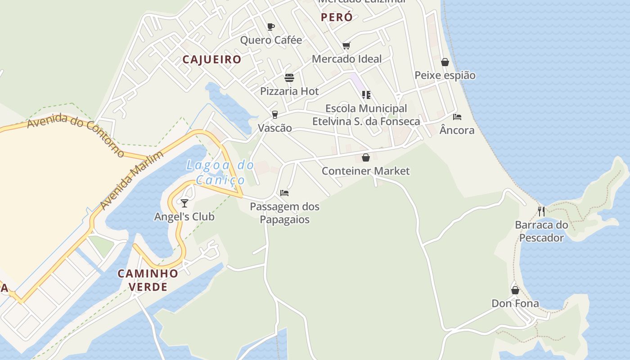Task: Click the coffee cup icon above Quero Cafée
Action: click(x=271, y=27)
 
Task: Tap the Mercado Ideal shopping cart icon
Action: click(x=346, y=45)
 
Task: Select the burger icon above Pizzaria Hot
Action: click(x=289, y=77)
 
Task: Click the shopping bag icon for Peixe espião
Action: click(x=445, y=62)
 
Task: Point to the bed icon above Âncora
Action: click(x=457, y=117)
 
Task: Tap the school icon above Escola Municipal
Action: click(x=366, y=95)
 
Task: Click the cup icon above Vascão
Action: click(x=275, y=114)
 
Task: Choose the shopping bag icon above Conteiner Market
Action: click(x=366, y=157)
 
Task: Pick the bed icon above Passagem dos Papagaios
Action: click(x=284, y=193)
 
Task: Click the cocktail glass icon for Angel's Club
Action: click(x=184, y=203)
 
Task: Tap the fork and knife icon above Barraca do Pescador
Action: click(x=541, y=211)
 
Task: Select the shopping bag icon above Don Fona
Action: click(x=515, y=290)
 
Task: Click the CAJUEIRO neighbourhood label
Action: click(x=212, y=59)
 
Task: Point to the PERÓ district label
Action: click(x=337, y=18)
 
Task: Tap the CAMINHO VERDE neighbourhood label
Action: click(x=148, y=280)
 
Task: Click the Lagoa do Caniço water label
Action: click(x=220, y=172)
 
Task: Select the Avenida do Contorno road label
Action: click(x=76, y=135)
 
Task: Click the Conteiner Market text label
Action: click(x=366, y=171)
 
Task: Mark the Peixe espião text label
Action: click(x=445, y=75)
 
